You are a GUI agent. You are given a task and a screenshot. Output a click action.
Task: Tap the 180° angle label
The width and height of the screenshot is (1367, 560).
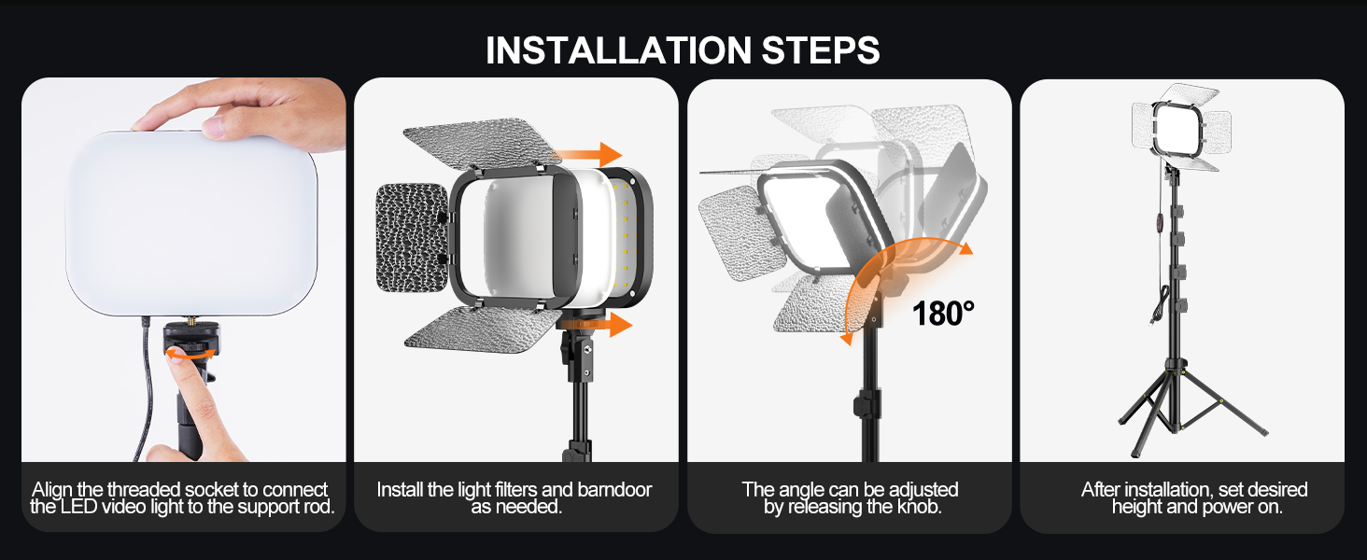tap(943, 314)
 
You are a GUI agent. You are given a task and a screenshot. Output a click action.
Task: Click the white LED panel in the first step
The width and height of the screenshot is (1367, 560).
tap(190, 224)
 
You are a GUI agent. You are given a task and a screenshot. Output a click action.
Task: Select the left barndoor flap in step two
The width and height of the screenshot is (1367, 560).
tap(412, 237)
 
